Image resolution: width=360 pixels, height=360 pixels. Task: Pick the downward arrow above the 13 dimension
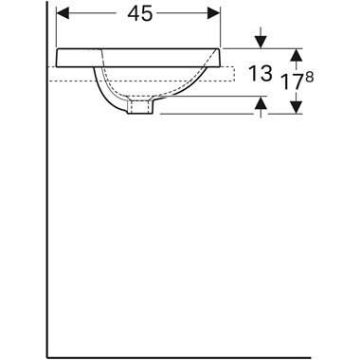261,41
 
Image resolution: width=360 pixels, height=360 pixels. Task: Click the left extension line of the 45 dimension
58,28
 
